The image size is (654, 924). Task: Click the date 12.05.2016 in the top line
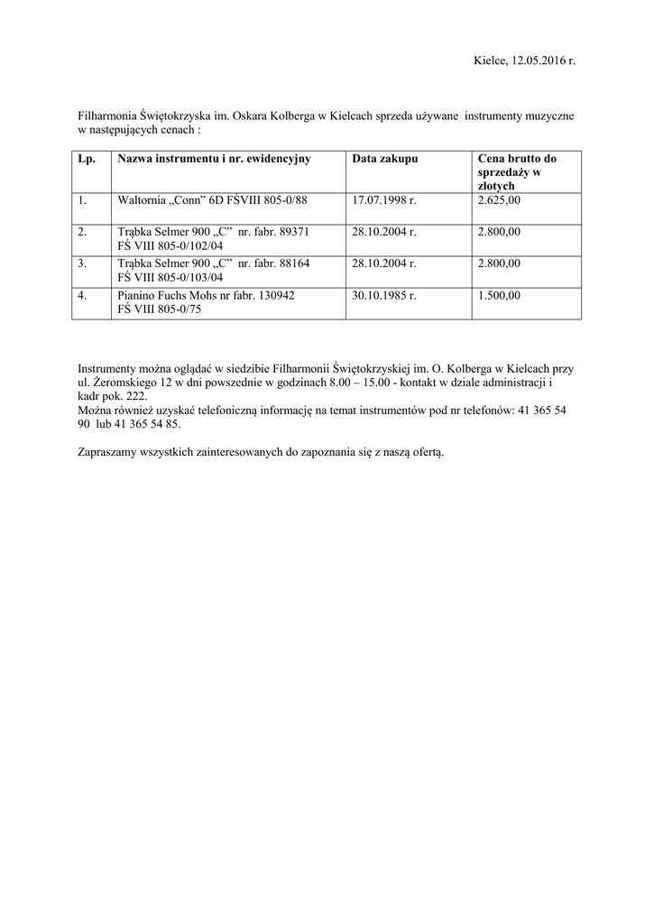pos(538,60)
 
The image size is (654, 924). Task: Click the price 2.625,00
pos(499,199)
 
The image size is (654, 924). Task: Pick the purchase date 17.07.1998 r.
pos(384,199)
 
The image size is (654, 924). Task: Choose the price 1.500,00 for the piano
pos(499,295)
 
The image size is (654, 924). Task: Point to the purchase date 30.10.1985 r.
pos(384,295)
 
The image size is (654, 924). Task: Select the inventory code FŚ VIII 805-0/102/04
pos(170,245)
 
